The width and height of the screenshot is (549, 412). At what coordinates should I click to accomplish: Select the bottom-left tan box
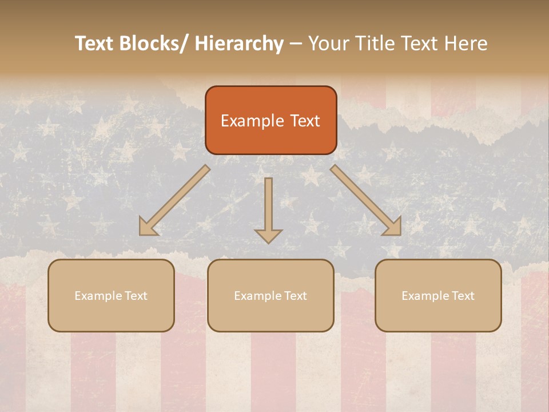tap(111, 295)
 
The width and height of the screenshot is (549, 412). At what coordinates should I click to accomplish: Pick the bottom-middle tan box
tap(270, 295)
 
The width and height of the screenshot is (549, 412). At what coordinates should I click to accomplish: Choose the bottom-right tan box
tap(438, 295)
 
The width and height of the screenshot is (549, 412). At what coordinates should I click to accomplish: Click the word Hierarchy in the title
tap(238, 43)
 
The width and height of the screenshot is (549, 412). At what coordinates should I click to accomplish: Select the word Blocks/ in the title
tap(156, 43)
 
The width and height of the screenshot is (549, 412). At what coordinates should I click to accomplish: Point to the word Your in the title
tap(328, 43)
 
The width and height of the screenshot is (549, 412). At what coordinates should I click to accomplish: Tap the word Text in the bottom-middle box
tap(295, 296)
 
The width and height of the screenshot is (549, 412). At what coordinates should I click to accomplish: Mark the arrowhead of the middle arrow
tap(268, 236)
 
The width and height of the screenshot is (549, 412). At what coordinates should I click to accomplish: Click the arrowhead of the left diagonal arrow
tap(147, 227)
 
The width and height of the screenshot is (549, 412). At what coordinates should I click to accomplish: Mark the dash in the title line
tap(296, 44)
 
